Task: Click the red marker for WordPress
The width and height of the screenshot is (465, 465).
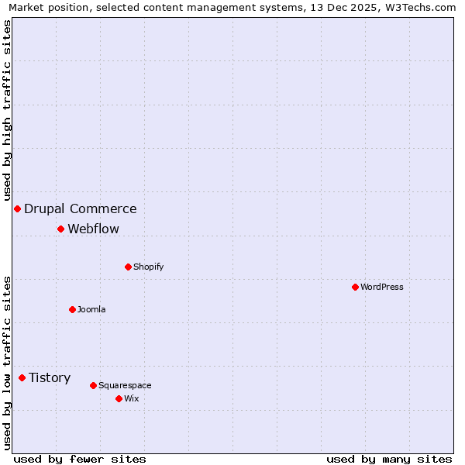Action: pos(355,287)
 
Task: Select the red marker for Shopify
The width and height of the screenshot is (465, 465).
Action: pos(128,267)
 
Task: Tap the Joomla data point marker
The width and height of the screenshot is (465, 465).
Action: pos(72,309)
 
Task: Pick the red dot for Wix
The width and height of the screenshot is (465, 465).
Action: pos(119,398)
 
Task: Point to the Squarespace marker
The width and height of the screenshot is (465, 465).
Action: pos(93,385)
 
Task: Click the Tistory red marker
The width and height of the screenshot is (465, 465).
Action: pos(22,377)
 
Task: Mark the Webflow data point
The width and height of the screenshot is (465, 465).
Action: pos(60,229)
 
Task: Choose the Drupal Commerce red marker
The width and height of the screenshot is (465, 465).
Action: pos(17,208)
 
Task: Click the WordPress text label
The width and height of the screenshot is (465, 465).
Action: pos(382,287)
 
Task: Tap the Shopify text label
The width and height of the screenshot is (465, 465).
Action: pos(149,267)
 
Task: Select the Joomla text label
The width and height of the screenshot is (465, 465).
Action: pos(91,309)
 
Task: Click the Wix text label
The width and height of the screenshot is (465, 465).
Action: pos(131,398)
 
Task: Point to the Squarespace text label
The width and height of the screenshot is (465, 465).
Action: pos(125,385)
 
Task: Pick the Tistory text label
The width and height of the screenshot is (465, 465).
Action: pos(50,377)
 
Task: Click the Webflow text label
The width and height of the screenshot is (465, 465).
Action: pos(94,229)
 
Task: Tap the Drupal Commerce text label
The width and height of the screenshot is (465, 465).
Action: pos(81,208)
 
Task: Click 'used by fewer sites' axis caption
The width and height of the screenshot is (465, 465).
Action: pos(80,459)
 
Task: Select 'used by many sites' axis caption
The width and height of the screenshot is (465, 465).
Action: pos(389,459)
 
